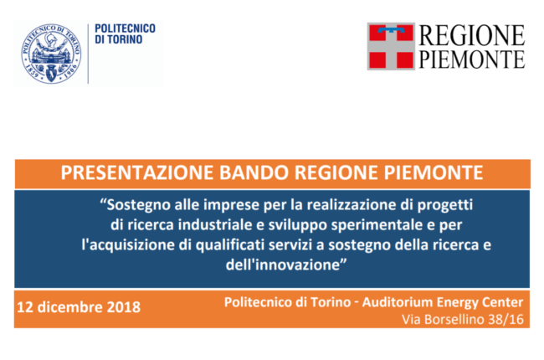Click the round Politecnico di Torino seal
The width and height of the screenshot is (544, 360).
51,54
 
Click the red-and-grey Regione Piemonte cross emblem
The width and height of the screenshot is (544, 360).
391,47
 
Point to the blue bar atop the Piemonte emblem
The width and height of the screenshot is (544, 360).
391,30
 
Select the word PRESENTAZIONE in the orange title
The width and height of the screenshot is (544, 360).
137,172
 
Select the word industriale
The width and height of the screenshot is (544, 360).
215,225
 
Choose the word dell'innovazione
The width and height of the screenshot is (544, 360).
286,265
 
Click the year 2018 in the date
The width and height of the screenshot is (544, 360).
124,307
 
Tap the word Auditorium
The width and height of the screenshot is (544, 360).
397,302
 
